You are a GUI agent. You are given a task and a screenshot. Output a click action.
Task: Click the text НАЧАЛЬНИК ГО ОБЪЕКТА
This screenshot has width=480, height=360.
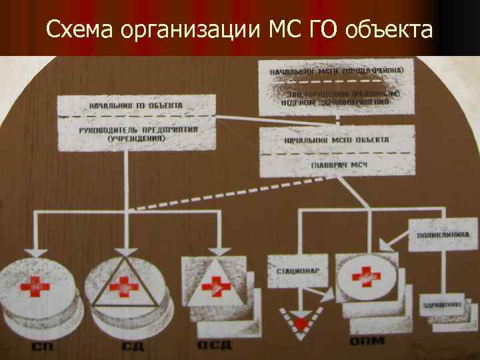tap(137, 107)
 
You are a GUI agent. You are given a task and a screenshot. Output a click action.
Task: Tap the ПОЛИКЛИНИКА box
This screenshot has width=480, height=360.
tap(444, 235)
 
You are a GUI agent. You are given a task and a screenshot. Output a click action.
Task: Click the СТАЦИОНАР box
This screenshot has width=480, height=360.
tap(291, 272)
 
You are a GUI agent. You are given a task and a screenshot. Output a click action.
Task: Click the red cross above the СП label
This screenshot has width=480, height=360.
tap(35, 287)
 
